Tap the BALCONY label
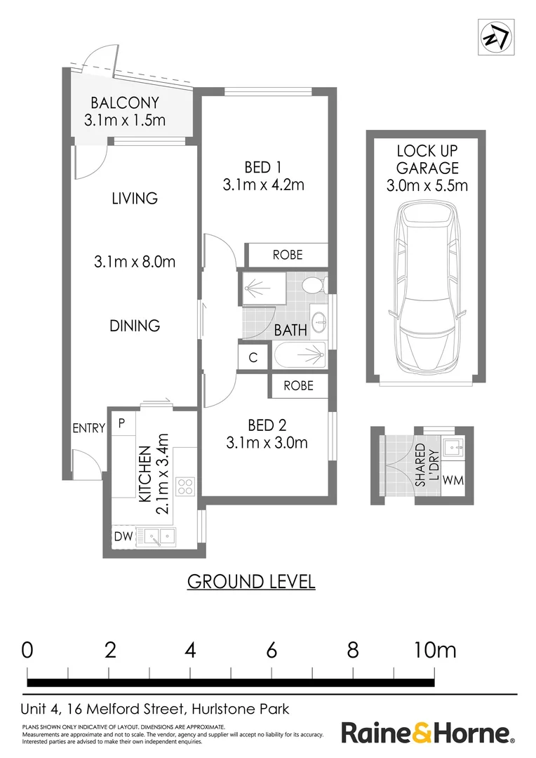[x=125, y=102]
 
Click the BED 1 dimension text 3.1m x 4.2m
[x=263, y=185]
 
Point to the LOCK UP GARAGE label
[x=427, y=159]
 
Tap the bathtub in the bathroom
[x=300, y=357]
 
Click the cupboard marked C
[x=253, y=357]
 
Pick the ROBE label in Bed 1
[x=287, y=255]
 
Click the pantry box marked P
[x=121, y=423]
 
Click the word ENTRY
[x=88, y=428]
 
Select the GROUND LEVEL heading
[x=250, y=581]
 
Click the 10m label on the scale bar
[x=434, y=650]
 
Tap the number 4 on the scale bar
[x=190, y=650]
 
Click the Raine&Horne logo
[x=427, y=733]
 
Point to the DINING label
[x=135, y=326]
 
